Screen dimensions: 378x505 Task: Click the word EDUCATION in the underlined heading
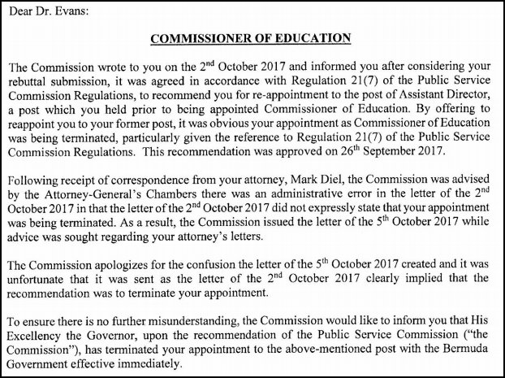click(312, 38)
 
